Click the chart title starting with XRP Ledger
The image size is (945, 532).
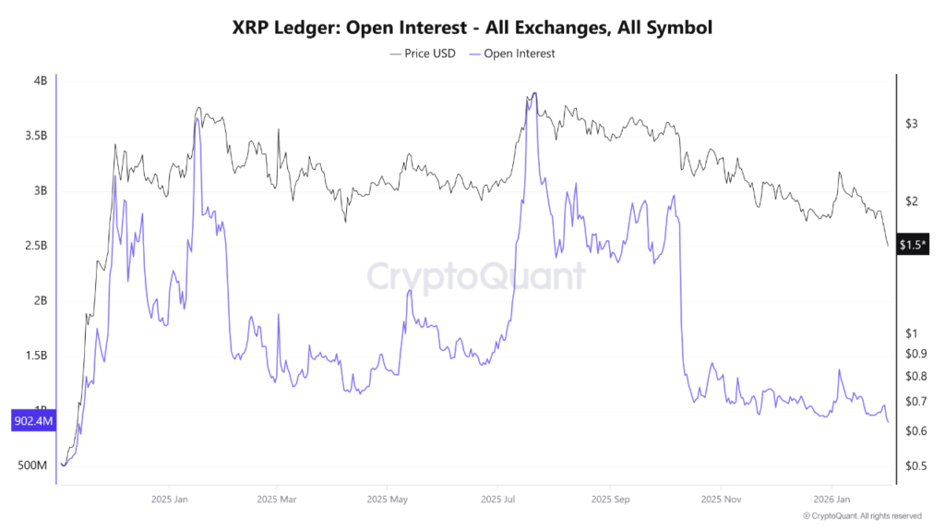[x=472, y=28]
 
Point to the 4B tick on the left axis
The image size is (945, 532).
[x=40, y=81]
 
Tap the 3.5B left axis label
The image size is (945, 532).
[x=35, y=136]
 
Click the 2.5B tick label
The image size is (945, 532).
[x=35, y=246]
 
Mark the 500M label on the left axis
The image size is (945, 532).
[x=32, y=465]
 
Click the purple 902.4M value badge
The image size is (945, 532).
[x=32, y=421]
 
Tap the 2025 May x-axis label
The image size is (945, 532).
[x=388, y=499]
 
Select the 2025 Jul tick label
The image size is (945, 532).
[x=497, y=499]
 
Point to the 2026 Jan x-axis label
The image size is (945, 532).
[x=831, y=499]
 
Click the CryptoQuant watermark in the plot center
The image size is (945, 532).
[x=476, y=275]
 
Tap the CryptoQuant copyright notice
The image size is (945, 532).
[x=862, y=516]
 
